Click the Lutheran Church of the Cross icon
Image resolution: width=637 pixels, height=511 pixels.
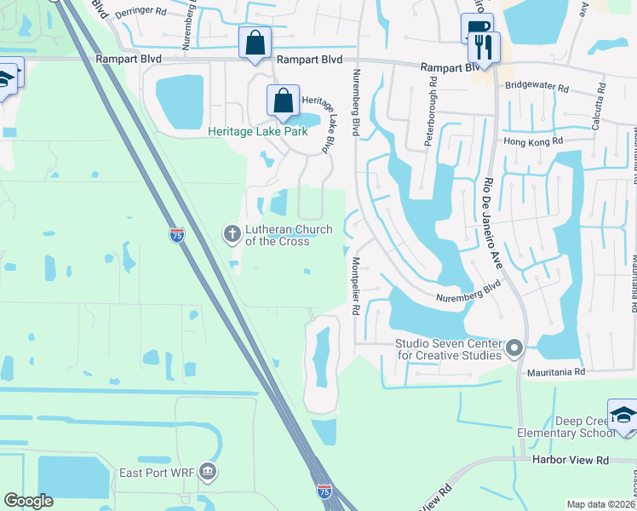(x=231, y=233)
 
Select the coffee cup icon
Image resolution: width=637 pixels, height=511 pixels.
(x=476, y=29)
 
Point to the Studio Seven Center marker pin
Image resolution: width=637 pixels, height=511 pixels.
(x=514, y=348)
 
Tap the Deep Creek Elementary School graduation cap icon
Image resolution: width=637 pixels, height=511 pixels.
(x=623, y=416)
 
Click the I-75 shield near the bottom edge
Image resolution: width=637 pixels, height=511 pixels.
(x=324, y=491)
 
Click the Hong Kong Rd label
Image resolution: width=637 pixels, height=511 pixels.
(x=534, y=141)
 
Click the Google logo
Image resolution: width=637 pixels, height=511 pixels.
(x=29, y=501)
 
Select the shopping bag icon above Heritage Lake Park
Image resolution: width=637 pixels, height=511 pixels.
(x=255, y=43)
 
